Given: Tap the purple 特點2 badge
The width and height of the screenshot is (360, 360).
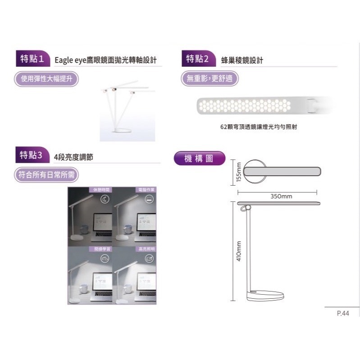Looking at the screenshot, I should click(198, 58).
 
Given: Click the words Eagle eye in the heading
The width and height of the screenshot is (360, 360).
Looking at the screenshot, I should click(69, 60).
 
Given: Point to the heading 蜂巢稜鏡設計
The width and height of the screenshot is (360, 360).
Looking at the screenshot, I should click(242, 60).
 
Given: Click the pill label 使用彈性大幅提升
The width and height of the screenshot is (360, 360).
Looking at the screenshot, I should click(46, 79).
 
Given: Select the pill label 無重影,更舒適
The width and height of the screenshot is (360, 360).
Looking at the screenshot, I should click(210, 79).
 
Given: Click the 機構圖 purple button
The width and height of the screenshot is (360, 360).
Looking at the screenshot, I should click(199, 158).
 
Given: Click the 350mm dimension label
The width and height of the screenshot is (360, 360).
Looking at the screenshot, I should click(281, 196).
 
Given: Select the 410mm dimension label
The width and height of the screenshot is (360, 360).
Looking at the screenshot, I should click(239, 251).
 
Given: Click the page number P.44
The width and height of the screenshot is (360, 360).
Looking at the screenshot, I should click(342, 314).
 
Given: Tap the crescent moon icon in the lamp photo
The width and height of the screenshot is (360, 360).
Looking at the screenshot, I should click(105, 199).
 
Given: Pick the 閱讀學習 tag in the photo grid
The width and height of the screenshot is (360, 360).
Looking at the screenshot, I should click(101, 249).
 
